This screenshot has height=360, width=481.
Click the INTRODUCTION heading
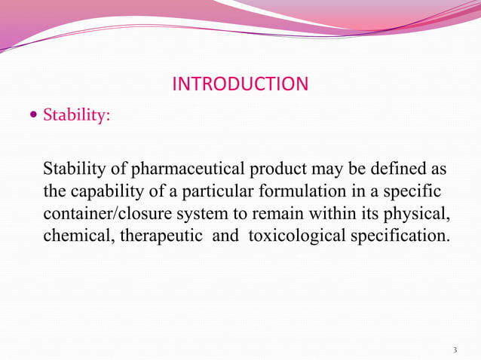tap(240, 84)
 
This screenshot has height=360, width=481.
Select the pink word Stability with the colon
tap(77, 117)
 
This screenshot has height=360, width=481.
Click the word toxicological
tap(296, 235)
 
